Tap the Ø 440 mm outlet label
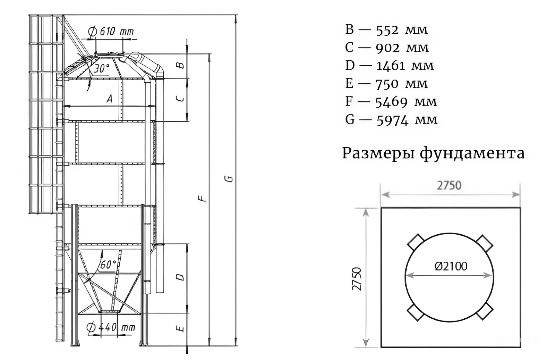(x=111, y=327)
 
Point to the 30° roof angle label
(x=101, y=68)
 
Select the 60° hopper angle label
(x=108, y=265)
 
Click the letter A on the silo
(x=110, y=99)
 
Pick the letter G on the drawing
(x=229, y=179)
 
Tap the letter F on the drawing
(x=202, y=199)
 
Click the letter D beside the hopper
(x=180, y=277)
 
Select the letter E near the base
(x=180, y=328)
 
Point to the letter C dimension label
(x=180, y=99)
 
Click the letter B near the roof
(x=180, y=65)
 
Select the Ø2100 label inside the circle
(x=451, y=266)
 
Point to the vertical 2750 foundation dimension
(x=357, y=279)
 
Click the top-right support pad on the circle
(x=484, y=244)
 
